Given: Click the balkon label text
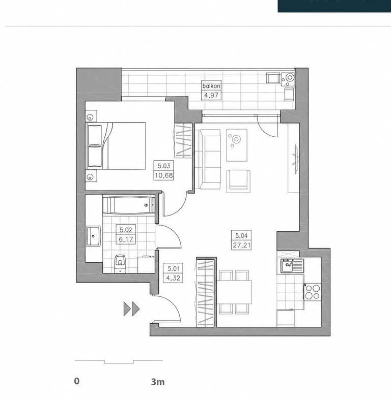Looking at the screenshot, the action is [211, 86].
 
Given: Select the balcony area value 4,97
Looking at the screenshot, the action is [211, 96].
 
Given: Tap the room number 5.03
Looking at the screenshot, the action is [163, 166].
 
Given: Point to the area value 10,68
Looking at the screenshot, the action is [163, 175].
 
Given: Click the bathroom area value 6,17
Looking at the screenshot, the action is [126, 239].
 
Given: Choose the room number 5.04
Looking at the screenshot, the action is [241, 235].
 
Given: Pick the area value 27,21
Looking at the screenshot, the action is [241, 245].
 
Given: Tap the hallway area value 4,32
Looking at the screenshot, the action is [173, 278].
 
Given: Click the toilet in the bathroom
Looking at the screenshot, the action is [120, 264].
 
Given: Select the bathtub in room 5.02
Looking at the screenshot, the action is [129, 205].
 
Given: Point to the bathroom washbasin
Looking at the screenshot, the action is [94, 236].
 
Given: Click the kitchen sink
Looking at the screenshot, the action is [292, 266].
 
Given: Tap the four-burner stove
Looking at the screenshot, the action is [313, 292].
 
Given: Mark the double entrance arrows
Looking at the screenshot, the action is [131, 309].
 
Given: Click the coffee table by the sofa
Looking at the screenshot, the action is [237, 145].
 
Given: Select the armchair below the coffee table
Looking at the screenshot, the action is [238, 181].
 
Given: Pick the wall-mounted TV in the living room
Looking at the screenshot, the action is [296, 159].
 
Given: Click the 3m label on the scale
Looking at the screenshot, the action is [158, 382].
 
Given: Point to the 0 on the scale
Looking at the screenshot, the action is [77, 381].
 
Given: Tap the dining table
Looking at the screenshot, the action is [234, 292].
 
